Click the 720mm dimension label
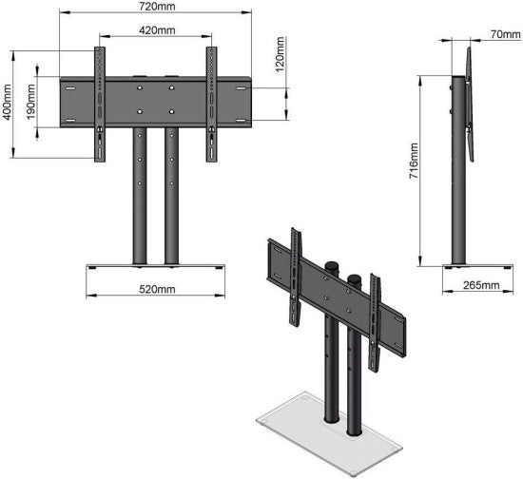pos(155,7)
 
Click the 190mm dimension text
pos(31,102)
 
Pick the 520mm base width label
pos(155,287)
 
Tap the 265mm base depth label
pos(478,284)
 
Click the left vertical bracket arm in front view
pos(99,103)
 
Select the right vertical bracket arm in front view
pos(211,103)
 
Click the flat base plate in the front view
pos(155,266)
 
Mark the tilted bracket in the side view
pos(469,100)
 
